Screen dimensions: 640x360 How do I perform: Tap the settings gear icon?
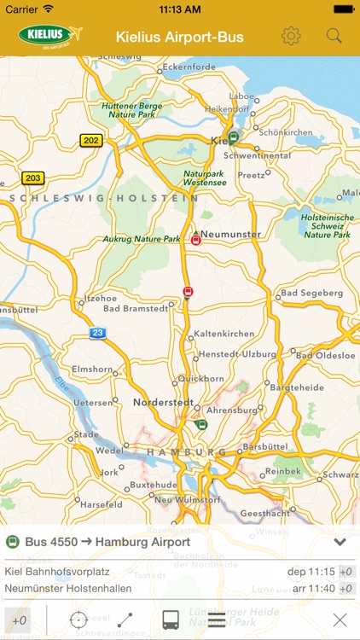(292, 36)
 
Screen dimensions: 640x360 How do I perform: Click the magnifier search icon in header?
(334, 36)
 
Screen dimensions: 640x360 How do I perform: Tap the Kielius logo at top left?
(49, 36)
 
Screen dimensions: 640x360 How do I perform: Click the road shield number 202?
(90, 139)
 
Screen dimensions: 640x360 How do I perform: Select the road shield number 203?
(32, 178)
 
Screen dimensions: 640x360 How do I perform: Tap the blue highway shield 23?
(98, 334)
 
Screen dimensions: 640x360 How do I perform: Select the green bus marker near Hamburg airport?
(201, 424)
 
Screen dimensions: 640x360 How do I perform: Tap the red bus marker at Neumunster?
(195, 241)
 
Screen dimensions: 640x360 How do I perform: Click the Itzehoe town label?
(95, 299)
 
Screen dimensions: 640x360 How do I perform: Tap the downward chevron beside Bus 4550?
(340, 542)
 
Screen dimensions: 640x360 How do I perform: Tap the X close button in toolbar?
(340, 620)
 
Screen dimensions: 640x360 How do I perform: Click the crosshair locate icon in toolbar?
(78, 620)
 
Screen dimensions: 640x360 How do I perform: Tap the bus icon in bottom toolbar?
(171, 620)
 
